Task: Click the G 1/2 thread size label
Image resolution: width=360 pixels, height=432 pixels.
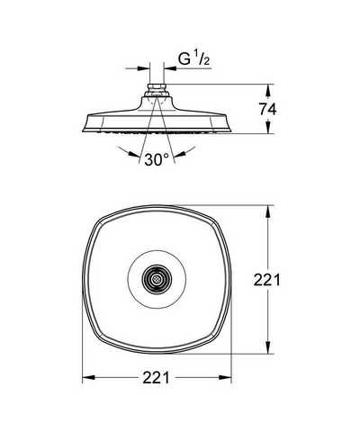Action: pos(193,58)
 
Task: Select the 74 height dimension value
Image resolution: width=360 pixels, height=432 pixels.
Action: pos(267,109)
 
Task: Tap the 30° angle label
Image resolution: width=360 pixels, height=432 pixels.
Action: pos(157,159)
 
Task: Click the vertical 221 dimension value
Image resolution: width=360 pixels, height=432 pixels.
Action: pos(266,280)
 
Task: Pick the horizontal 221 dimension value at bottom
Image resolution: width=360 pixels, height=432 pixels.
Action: pos(156,377)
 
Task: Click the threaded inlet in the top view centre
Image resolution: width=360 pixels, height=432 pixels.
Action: pos(157,280)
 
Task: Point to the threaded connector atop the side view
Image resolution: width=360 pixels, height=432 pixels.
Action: pos(157,89)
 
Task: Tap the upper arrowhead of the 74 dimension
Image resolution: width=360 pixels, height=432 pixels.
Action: pos(268,90)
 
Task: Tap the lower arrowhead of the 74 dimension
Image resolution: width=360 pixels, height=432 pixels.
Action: pos(268,127)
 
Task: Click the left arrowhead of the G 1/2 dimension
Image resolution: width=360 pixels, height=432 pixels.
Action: pos(143,68)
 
